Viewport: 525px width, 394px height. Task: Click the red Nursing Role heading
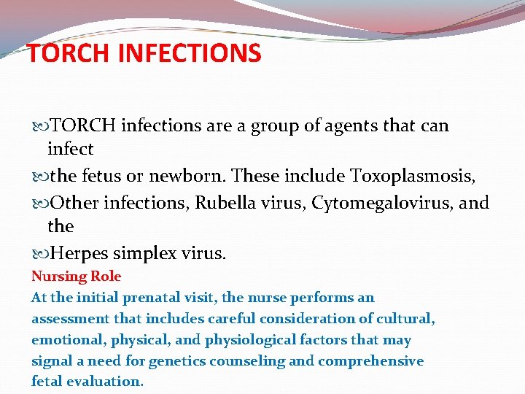tap(76, 277)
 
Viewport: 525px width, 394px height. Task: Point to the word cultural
tap(409, 319)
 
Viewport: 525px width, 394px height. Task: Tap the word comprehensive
tap(375, 361)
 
